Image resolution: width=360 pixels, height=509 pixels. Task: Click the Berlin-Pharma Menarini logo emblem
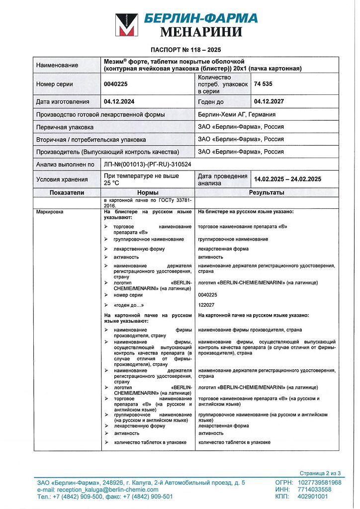tap(127, 25)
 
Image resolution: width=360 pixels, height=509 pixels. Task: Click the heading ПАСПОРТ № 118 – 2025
tap(185, 50)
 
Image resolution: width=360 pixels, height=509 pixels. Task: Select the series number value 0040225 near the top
tap(116, 84)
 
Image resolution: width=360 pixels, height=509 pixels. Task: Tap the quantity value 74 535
tap(263, 84)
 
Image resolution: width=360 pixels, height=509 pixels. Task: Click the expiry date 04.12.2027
tap(269, 101)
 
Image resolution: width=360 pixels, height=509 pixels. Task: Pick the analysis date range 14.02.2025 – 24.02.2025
tap(287, 179)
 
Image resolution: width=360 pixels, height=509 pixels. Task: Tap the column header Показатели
tap(67, 192)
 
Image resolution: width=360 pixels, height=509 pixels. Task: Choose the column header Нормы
tap(148, 192)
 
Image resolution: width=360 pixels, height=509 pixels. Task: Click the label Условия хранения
tap(62, 179)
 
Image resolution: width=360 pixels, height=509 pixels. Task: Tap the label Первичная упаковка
tap(65, 127)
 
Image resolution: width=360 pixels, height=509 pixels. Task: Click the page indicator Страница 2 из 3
tap(320, 473)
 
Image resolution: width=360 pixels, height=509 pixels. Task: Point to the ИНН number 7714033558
tap(315, 489)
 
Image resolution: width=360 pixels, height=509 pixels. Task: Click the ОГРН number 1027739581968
tap(320, 482)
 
